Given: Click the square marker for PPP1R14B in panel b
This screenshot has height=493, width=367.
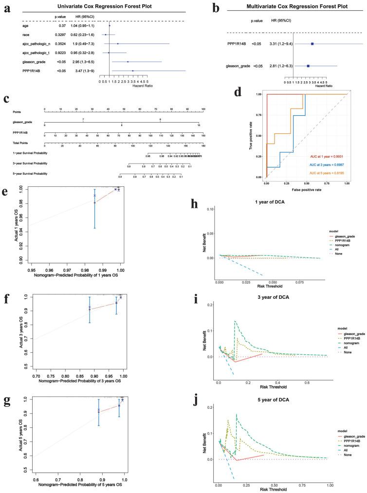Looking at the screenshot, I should point(312,44).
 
